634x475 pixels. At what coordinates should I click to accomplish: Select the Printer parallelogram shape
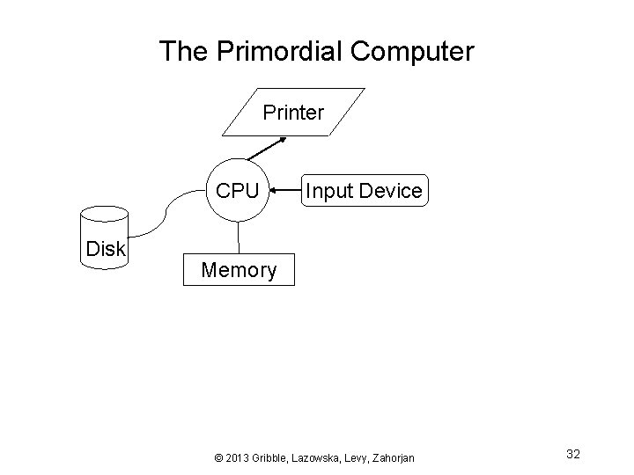pos(293,113)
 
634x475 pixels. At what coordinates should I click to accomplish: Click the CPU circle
pos(238,190)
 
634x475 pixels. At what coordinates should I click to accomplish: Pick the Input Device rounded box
pos(363,190)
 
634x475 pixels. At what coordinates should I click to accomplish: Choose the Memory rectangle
pos(239,269)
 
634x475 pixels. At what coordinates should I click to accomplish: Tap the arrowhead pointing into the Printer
pos(282,139)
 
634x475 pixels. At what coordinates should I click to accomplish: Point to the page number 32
pos(573,454)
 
